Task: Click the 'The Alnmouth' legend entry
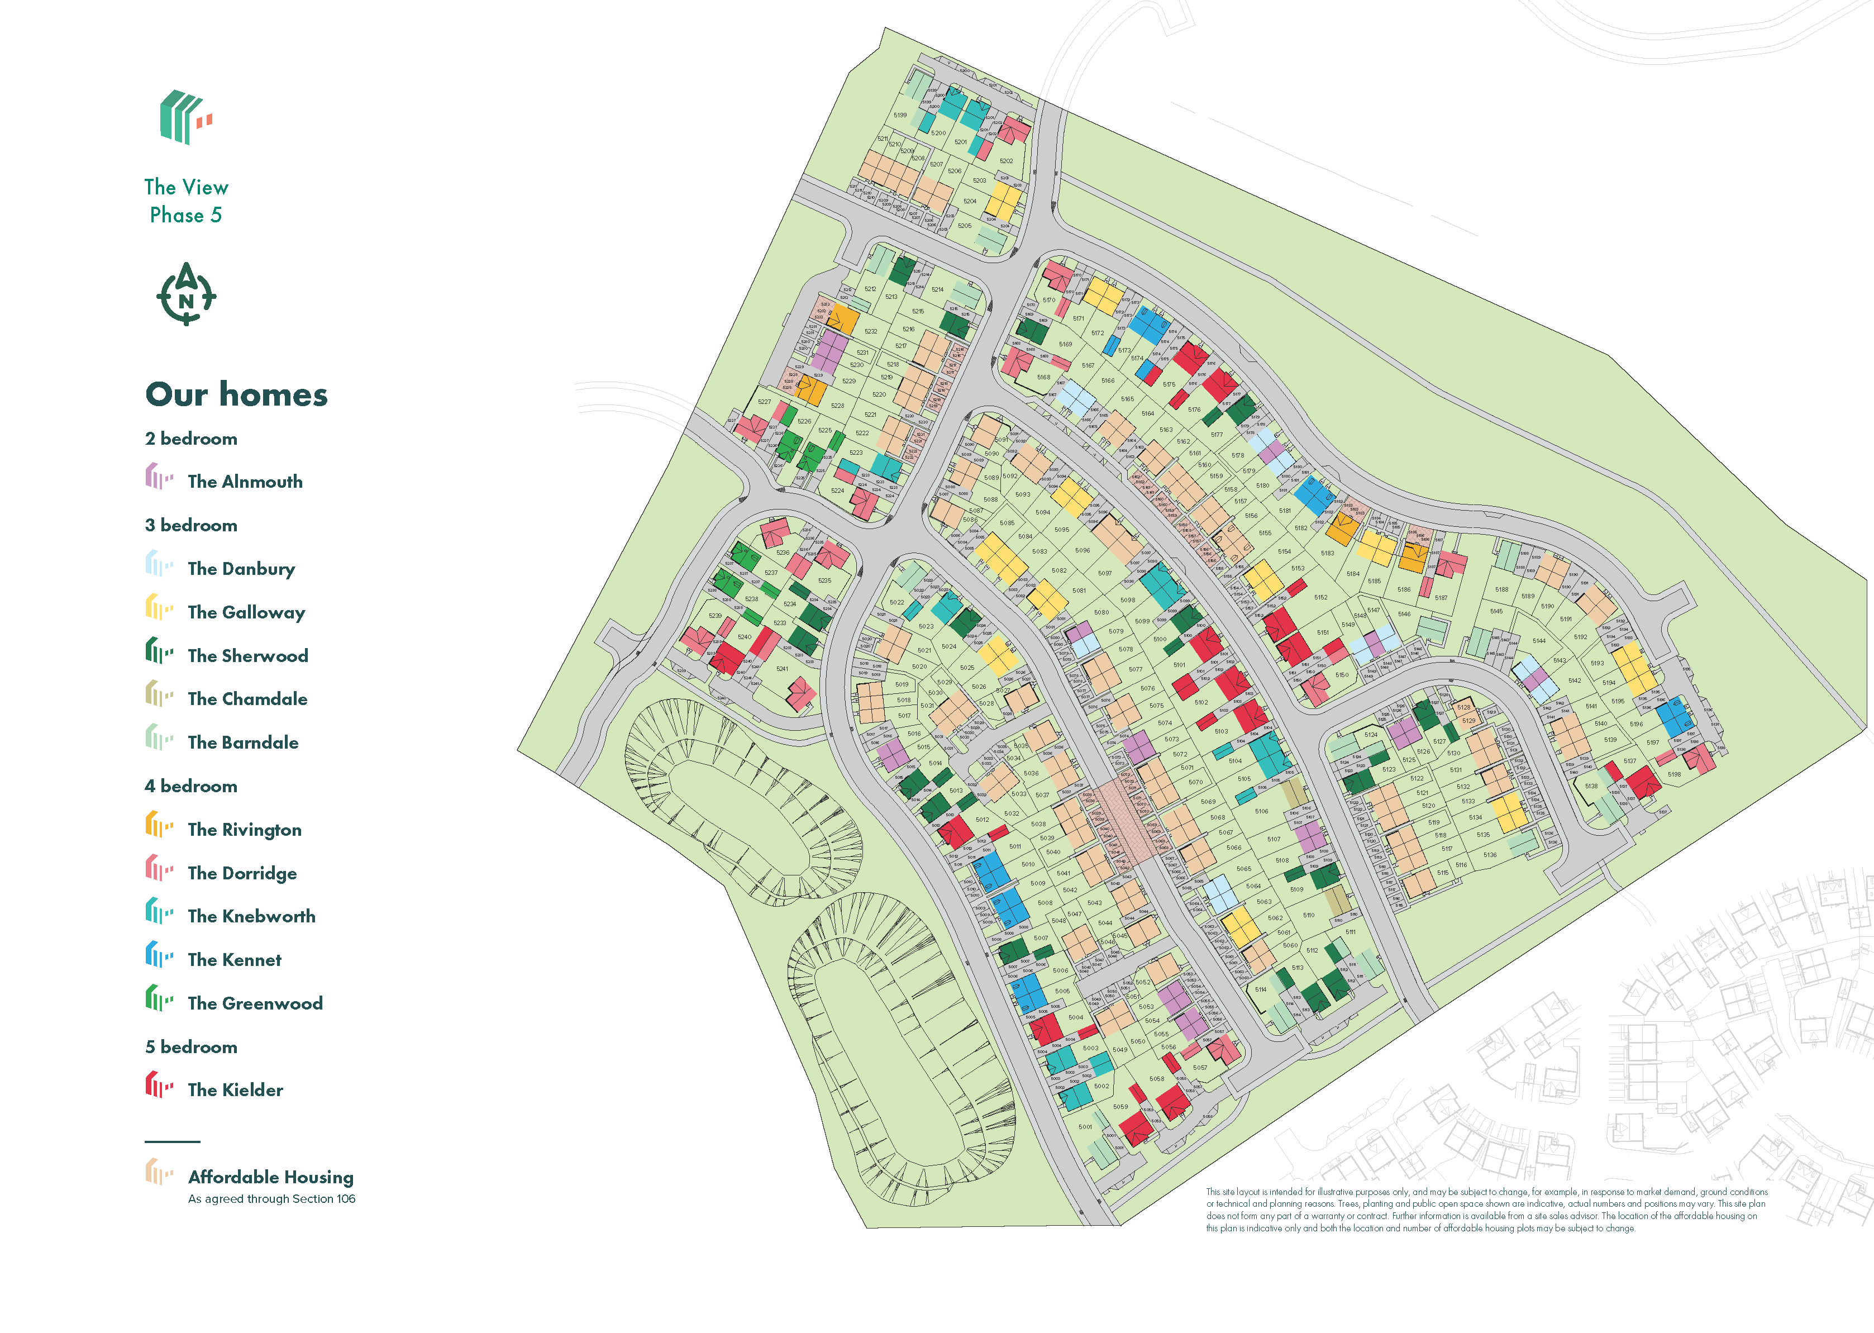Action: coord(245,482)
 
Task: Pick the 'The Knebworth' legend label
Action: coord(251,916)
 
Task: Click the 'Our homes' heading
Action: coord(236,395)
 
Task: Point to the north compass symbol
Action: coord(186,294)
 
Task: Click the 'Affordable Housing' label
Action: coord(271,1177)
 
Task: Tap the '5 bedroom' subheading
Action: coord(191,1048)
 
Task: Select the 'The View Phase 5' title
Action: coord(186,201)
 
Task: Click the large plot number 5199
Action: coord(900,116)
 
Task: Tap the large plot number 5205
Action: coord(965,226)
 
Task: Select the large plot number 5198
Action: coord(1674,774)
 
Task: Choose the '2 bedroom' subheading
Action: coord(191,439)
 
